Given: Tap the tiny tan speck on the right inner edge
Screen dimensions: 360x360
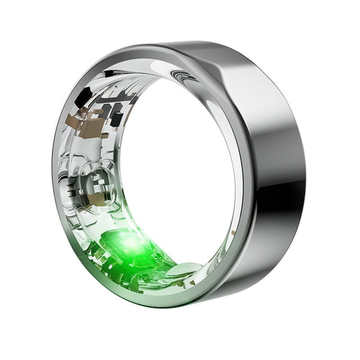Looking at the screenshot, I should pyautogui.click(x=234, y=233).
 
